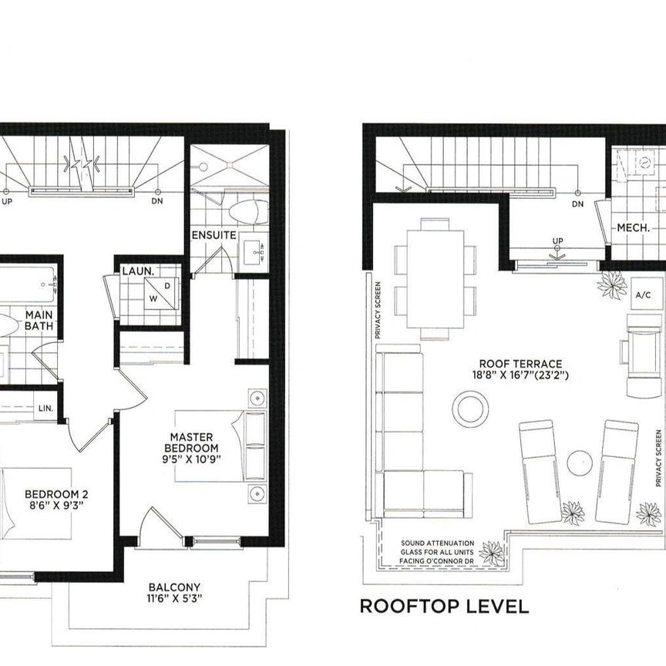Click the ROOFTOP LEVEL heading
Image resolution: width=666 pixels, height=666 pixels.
coord(444,606)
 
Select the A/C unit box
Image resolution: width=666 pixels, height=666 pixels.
coord(642,294)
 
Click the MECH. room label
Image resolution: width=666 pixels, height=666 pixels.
coord(633,228)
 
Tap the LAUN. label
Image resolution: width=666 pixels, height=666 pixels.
coord(138,272)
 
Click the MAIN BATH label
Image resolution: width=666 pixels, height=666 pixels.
coord(39,321)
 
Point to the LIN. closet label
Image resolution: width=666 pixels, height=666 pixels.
coord(45,408)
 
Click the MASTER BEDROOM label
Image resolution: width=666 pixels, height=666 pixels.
coord(194,442)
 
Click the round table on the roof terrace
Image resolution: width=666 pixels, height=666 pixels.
coord(470,408)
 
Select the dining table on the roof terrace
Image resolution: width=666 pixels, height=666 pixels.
coord(435,278)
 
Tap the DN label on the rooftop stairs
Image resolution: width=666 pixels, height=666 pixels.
coord(577,204)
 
